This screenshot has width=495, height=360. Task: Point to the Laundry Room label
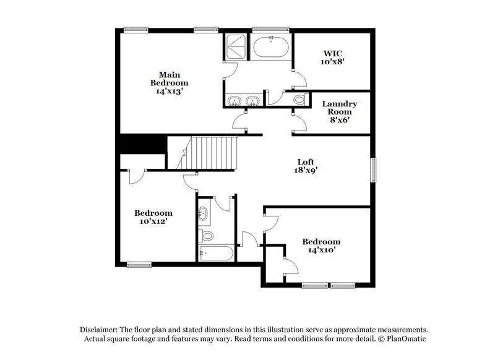pos(340,108)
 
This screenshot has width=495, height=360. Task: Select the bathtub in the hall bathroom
pos(215,253)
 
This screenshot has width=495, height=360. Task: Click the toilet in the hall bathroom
pos(207,235)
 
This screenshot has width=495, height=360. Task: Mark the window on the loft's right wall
pos(373,169)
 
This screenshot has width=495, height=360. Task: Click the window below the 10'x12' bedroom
pos(139,265)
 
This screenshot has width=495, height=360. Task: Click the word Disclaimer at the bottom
pos(98,330)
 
